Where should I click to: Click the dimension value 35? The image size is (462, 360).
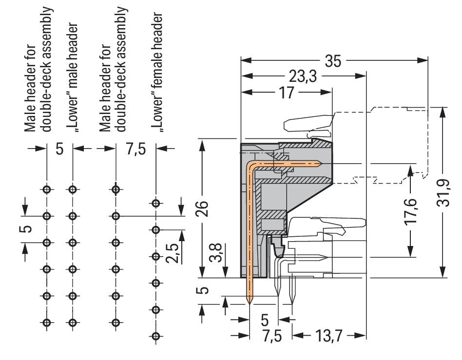tap(333, 61)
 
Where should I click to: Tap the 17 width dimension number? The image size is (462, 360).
tap(288, 92)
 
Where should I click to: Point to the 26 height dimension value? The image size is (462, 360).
tap(205, 208)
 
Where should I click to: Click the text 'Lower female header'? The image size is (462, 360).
tap(156, 72)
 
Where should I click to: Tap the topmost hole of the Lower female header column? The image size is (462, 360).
tap(156, 203)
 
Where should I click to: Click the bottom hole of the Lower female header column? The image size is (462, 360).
tap(156, 336)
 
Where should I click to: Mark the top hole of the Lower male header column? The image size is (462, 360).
tap(73, 189)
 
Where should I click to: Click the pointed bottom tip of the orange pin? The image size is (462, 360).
tap(250, 303)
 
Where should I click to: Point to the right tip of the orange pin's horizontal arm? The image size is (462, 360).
tap(320, 163)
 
